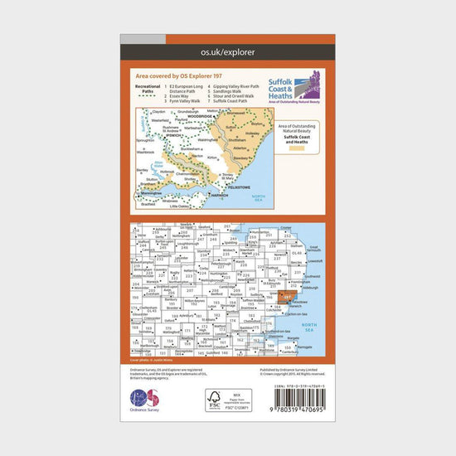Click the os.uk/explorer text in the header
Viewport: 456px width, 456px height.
tap(228, 52)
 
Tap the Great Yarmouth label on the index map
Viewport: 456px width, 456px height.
tap(313, 246)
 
